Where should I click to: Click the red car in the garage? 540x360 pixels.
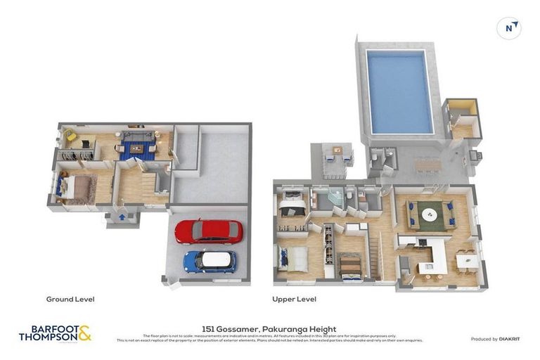pos(209,231)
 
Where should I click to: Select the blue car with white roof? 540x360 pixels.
pos(210,261)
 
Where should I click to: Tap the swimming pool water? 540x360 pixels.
pos(399,91)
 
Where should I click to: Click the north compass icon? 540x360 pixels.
pos(508,27)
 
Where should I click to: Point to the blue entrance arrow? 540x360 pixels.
pos(122,218)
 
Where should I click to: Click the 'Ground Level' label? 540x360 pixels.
pos(70,299)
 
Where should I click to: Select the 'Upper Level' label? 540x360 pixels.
pos(294,299)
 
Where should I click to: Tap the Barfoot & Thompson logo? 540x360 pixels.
pos(55,333)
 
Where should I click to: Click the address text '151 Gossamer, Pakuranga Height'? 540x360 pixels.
pos(269,328)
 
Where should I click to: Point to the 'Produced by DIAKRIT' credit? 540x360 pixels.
pos(495,339)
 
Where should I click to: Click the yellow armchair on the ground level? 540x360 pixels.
pos(70,134)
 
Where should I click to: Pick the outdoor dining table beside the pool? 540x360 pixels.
pos(427,166)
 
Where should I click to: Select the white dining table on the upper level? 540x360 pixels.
pos(467,262)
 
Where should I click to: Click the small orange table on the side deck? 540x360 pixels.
pos(337,150)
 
